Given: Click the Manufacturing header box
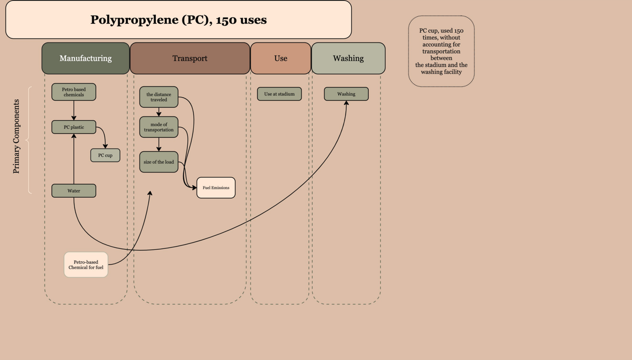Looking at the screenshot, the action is tap(85, 58).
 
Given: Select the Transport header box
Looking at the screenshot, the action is tap(190, 58).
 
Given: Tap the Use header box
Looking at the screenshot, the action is tap(281, 58).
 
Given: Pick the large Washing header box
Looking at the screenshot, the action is tap(348, 58).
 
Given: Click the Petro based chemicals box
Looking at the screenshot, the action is tap(74, 92).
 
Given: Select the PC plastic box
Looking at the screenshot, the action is tap(74, 127).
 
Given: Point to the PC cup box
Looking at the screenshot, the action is tap(105, 155).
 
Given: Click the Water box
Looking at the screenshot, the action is tap(74, 191).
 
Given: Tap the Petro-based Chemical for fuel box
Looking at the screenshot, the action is tap(86, 265).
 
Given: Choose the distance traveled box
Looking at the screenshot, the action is tap(158, 97).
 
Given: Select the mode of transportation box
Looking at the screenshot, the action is tap(158, 127).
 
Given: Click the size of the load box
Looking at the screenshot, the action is tap(158, 162).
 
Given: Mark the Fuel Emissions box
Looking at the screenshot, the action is tap(216, 188).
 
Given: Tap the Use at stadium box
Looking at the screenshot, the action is tap(279, 94).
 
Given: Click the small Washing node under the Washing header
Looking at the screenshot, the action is tap(346, 94).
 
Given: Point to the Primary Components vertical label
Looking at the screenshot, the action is tap(16, 136).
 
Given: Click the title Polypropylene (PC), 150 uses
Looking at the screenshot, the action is tap(178, 19).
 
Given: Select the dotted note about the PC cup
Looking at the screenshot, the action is tap(441, 51).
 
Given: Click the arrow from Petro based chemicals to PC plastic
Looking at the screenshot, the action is tap(74, 110).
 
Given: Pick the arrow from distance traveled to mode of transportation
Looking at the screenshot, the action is tap(158, 112).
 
